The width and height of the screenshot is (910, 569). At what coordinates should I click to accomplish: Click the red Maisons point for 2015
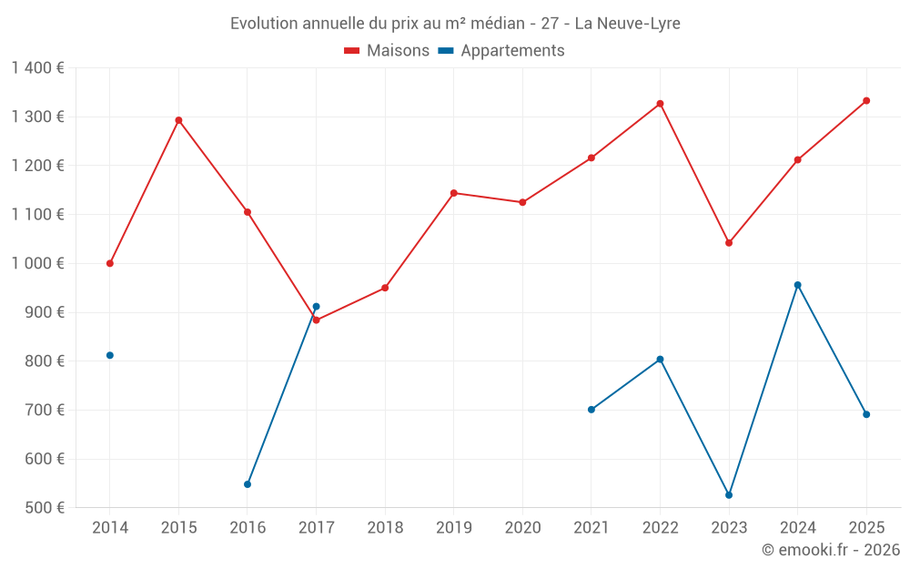click(x=178, y=120)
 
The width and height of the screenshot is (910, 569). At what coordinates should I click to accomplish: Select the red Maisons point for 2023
click(x=729, y=243)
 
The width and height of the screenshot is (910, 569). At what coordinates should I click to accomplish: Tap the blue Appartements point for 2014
click(x=110, y=355)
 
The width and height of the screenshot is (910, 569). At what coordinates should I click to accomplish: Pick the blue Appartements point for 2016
click(x=248, y=484)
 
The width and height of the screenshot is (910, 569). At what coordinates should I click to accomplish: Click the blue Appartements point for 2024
click(x=797, y=285)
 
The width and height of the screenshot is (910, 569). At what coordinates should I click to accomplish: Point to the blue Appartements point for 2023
click(x=729, y=495)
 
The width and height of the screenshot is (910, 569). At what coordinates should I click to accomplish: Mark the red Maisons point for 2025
click(x=866, y=101)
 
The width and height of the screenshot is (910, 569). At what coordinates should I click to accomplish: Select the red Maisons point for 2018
click(x=385, y=288)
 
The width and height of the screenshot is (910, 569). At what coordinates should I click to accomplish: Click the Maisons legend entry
click(x=387, y=51)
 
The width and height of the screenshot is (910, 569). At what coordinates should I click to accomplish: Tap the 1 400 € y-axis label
click(x=37, y=68)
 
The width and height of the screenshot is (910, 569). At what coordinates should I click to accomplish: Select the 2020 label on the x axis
click(x=522, y=528)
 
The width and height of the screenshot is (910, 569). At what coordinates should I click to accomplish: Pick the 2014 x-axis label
click(x=110, y=528)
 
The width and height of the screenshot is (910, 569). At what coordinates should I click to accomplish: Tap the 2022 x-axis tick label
click(x=660, y=528)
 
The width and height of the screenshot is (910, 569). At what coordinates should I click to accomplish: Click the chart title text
click(x=455, y=23)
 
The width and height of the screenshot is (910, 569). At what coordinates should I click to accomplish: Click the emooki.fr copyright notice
click(x=830, y=550)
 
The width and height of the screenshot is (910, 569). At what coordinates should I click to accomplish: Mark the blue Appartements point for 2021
click(x=591, y=410)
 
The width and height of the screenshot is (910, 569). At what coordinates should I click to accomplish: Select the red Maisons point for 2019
click(x=454, y=193)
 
